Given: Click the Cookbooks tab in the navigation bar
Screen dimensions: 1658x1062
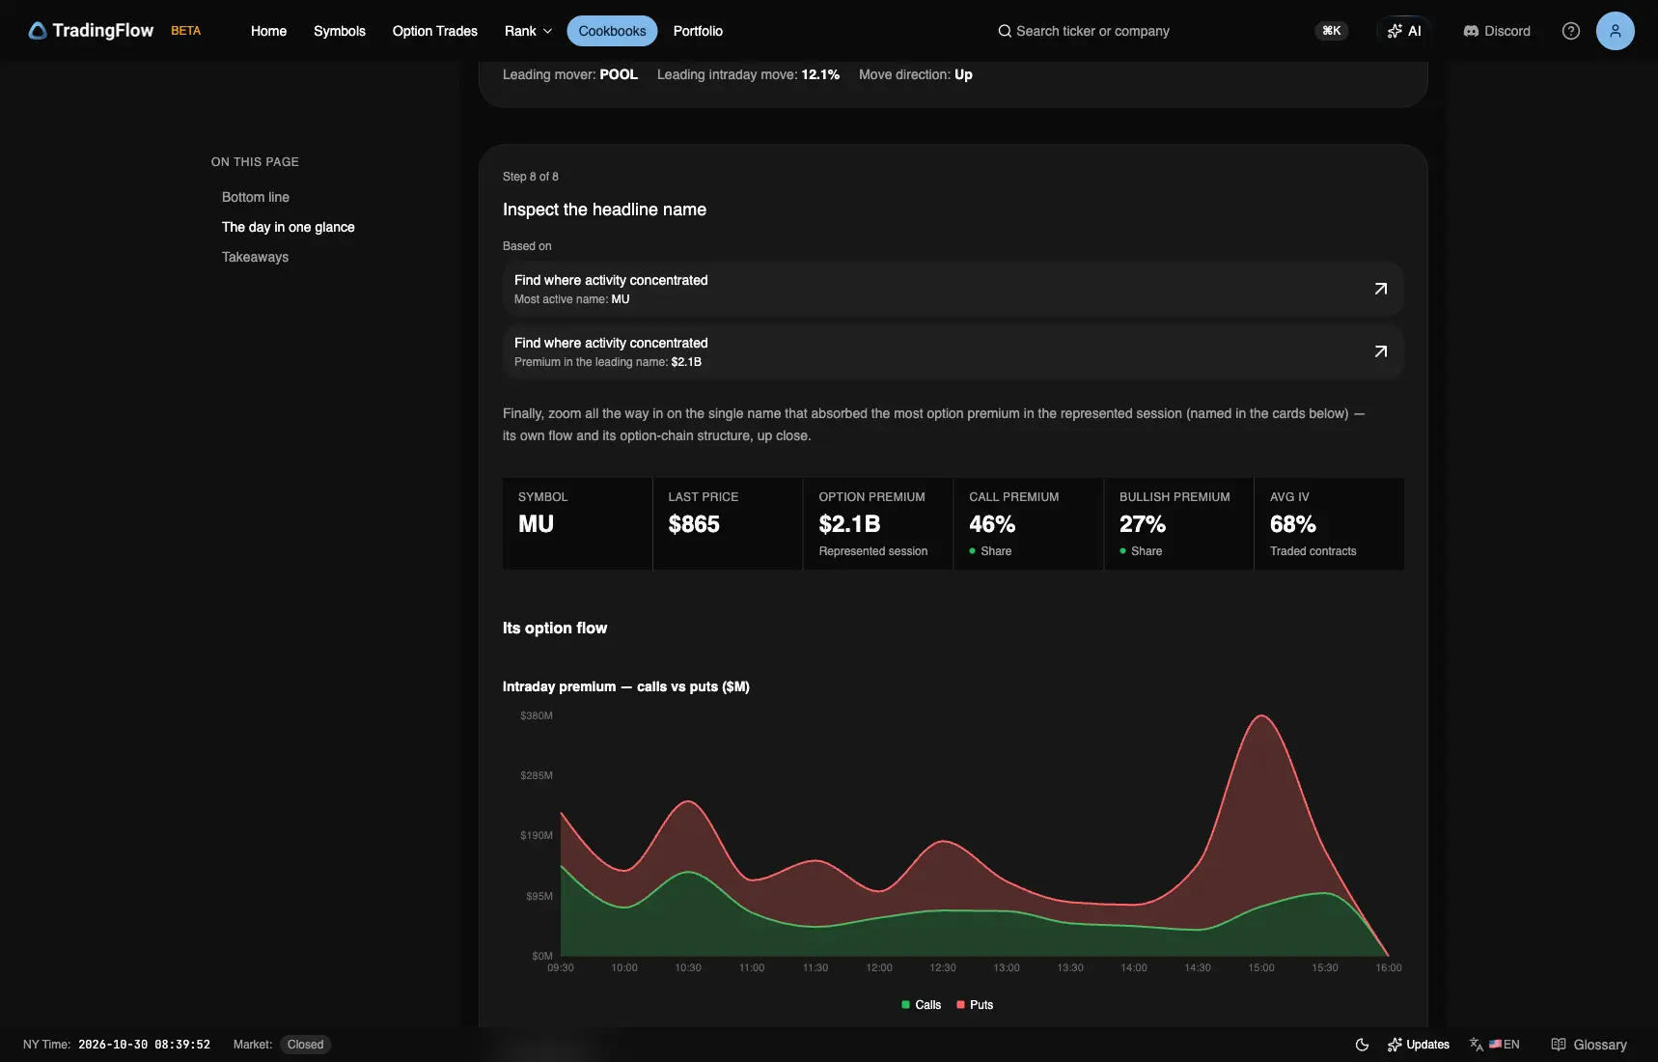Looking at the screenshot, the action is click(x=612, y=31).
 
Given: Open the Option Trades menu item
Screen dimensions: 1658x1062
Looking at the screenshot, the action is click(x=434, y=31).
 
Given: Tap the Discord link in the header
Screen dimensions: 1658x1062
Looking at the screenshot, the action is click(x=1497, y=31).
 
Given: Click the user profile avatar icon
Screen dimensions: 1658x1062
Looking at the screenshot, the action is click(x=1615, y=31).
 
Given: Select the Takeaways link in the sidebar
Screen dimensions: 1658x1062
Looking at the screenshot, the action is click(x=255, y=257).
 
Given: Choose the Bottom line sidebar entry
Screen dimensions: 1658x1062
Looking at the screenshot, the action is click(x=256, y=197).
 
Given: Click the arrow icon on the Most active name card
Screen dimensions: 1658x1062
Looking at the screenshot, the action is click(x=1380, y=289).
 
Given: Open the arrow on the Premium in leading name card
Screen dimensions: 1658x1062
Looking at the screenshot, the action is click(x=1380, y=351).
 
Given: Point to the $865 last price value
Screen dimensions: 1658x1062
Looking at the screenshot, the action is click(x=694, y=524).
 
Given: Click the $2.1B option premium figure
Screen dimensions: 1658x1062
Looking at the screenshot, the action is click(x=849, y=524).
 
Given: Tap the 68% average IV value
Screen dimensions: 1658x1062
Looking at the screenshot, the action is click(x=1292, y=524).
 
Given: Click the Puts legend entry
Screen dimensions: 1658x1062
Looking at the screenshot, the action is click(x=975, y=1005).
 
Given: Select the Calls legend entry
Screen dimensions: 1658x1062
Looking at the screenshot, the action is click(x=921, y=1005).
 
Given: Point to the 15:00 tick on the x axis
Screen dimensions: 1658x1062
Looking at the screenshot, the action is click(x=1260, y=967).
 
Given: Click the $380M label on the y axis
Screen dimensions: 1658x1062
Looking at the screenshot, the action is click(x=537, y=715).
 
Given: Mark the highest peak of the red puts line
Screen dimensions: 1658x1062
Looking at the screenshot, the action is click(x=1261, y=715).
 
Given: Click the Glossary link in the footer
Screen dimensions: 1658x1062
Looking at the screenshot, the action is click(x=1589, y=1045).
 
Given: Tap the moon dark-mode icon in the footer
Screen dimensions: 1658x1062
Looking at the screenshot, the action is click(x=1362, y=1045).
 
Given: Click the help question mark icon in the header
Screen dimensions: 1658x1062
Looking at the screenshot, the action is click(x=1570, y=31).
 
